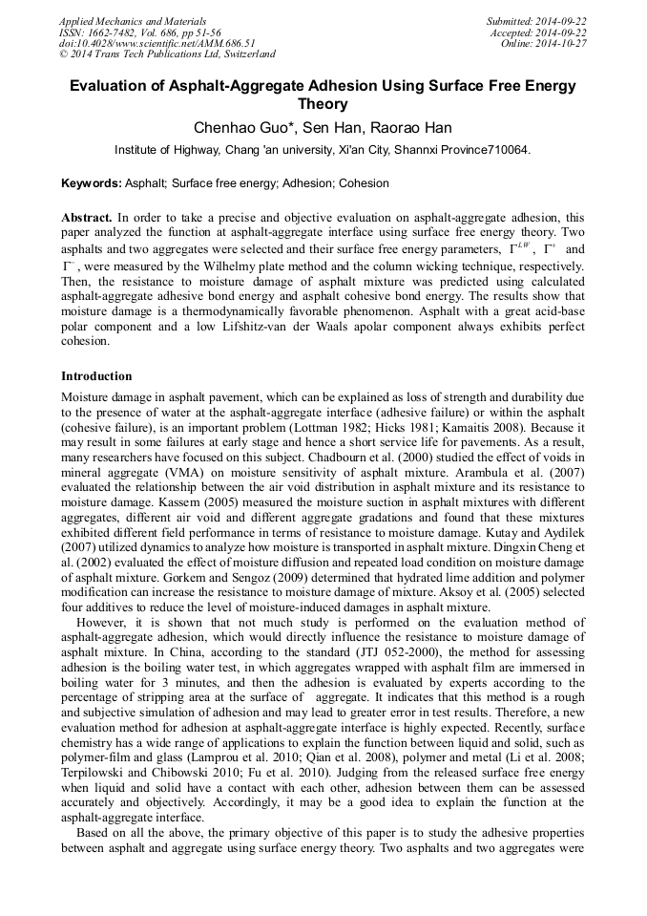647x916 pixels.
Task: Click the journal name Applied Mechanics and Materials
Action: point(133,20)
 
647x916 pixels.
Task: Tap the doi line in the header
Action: point(157,43)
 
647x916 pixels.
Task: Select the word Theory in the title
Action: point(323,104)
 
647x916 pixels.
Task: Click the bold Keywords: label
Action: point(92,182)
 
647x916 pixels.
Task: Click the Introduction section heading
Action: point(96,376)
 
